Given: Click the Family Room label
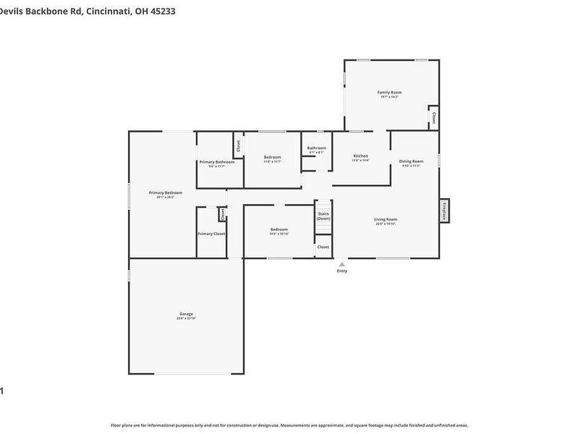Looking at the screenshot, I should click(x=389, y=93).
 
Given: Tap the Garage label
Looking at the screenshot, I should click(x=186, y=313).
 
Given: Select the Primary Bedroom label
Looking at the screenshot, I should click(x=165, y=192).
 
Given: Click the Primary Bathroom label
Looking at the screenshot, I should click(x=217, y=161).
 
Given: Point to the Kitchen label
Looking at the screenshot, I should click(x=360, y=156).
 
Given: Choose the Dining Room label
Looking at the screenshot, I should click(x=411, y=161).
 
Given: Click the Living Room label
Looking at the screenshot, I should click(x=386, y=219).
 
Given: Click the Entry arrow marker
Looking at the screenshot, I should click(x=342, y=265).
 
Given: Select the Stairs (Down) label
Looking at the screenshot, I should click(x=324, y=216).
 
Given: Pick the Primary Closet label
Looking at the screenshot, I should click(x=211, y=234).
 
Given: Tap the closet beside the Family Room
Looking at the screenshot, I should click(x=434, y=117).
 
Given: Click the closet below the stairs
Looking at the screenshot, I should click(x=323, y=247).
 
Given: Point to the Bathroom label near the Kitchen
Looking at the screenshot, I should click(x=317, y=148).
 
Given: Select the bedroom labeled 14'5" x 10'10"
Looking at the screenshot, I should click(x=279, y=230).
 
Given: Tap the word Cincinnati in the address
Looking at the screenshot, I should click(x=108, y=11).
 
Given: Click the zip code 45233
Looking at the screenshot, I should click(x=162, y=11).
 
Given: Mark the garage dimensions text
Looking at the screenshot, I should click(x=186, y=318).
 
